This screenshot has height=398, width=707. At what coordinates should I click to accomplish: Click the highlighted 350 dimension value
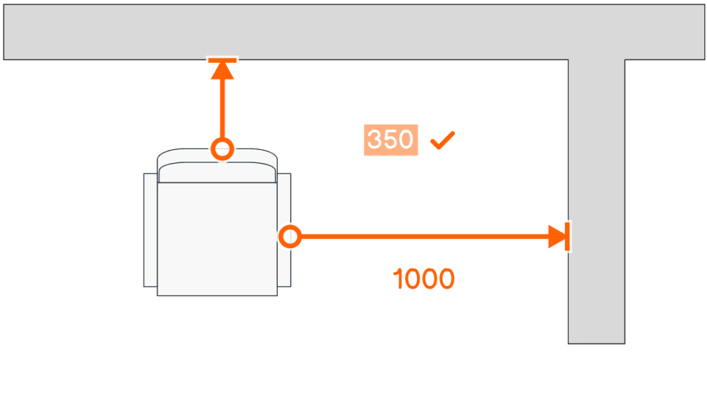pyautogui.click(x=391, y=140)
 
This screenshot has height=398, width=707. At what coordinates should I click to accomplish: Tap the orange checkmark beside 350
pyautogui.click(x=443, y=140)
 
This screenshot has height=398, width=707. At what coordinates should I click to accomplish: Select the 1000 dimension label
pyautogui.click(x=424, y=278)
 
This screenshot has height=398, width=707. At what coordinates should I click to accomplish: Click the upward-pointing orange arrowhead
pyautogui.click(x=222, y=71)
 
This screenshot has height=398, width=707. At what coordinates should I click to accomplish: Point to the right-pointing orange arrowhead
pyautogui.click(x=556, y=236)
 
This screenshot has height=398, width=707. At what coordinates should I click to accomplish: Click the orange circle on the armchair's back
pyautogui.click(x=222, y=149)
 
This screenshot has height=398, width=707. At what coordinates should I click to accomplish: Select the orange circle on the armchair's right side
pyautogui.click(x=290, y=236)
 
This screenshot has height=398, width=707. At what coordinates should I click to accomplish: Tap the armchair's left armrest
pyautogui.click(x=150, y=230)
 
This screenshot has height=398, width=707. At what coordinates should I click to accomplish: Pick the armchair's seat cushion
pyautogui.click(x=217, y=239)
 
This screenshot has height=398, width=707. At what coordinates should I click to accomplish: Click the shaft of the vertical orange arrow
pyautogui.click(x=222, y=108)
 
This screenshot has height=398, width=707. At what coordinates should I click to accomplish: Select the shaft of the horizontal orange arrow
pyautogui.click(x=425, y=236)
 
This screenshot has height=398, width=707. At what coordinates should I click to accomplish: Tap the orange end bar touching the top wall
pyautogui.click(x=222, y=60)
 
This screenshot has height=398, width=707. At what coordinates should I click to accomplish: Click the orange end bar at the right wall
pyautogui.click(x=568, y=236)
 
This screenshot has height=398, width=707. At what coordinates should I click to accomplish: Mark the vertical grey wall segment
pyautogui.click(x=597, y=201)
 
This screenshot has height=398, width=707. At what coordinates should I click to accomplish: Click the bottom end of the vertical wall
pyautogui.click(x=597, y=343)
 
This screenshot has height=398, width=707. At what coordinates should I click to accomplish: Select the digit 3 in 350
pyautogui.click(x=374, y=140)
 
